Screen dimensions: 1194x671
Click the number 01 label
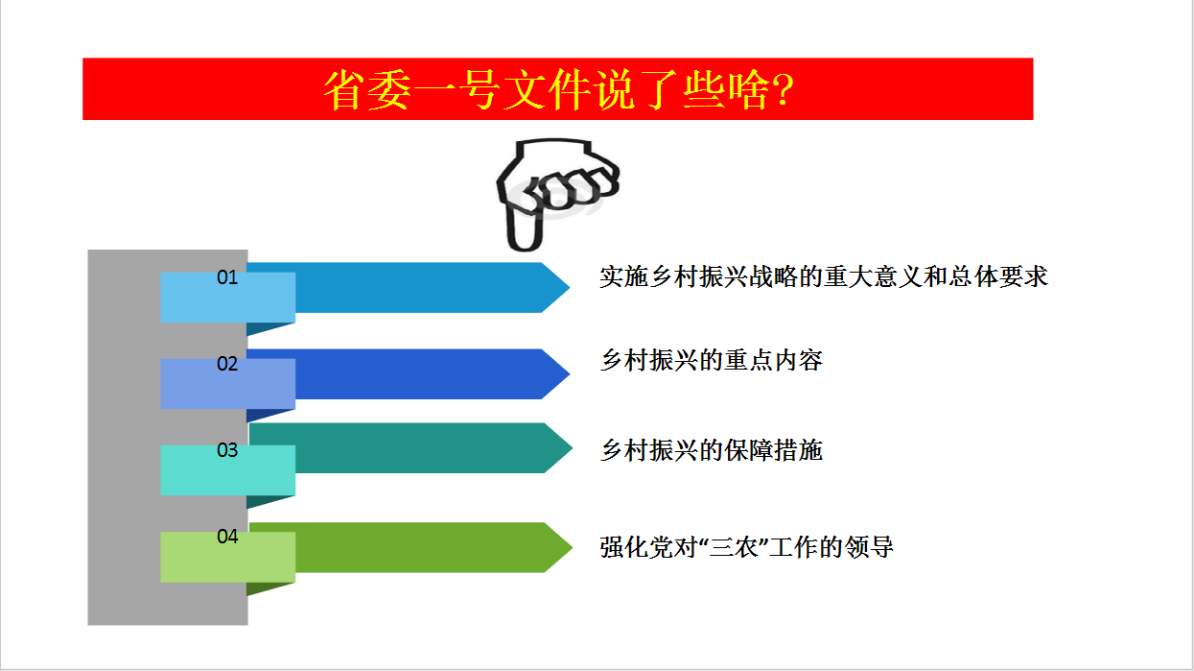click(227, 277)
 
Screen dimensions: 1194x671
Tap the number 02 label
click(227, 364)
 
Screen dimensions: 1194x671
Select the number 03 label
click(227, 450)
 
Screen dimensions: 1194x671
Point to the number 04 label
click(227, 537)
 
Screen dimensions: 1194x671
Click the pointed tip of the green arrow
click(572, 547)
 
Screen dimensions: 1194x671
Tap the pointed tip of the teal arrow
click(572, 448)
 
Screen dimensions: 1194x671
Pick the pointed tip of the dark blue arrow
click(570, 374)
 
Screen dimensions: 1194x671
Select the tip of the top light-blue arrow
click(570, 287)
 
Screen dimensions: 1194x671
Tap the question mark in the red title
click(784, 89)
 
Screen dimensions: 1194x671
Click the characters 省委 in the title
click(368, 89)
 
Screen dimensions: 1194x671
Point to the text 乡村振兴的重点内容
click(712, 360)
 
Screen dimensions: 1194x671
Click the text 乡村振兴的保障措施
click(712, 450)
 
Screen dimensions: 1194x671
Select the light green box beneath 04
click(228, 557)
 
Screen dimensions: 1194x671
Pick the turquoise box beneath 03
click(228, 470)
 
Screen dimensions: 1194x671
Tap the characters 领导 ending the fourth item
click(869, 547)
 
